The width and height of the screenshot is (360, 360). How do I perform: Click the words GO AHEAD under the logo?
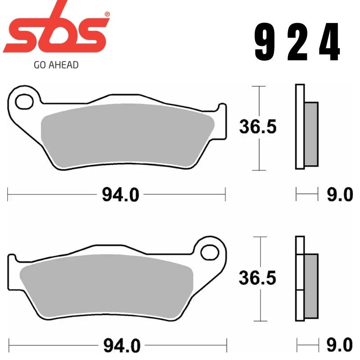(56, 65)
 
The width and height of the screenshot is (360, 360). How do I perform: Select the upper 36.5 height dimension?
(257, 128)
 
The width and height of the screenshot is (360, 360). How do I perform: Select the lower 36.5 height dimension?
(257, 278)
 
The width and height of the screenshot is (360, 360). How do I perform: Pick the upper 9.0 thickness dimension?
(340, 195)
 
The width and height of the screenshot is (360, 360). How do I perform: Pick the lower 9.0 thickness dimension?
(340, 346)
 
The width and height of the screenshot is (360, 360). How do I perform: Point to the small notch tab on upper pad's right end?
(222, 108)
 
